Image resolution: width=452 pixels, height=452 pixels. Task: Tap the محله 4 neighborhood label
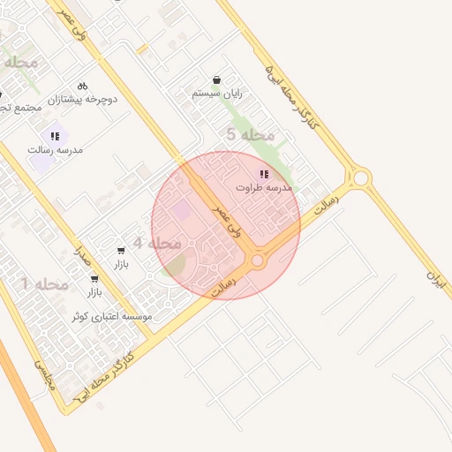[156, 243]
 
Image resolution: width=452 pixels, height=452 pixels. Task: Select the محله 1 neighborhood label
[44, 283]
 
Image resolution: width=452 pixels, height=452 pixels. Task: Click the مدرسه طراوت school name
[264, 188]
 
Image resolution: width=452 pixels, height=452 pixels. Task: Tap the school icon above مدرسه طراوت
[264, 174]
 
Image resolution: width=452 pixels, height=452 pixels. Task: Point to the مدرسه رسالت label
[55, 150]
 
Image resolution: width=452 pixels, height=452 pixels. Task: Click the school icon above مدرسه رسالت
[55, 136]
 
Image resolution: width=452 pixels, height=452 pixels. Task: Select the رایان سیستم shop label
[217, 93]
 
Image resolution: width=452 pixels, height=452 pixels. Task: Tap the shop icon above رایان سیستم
[217, 79]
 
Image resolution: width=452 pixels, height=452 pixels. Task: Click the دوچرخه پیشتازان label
[83, 100]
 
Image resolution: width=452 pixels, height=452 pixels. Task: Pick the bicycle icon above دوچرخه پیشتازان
[82, 87]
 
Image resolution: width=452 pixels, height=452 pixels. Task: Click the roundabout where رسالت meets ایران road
[361, 178]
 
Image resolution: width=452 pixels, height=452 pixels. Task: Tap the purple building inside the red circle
[180, 210]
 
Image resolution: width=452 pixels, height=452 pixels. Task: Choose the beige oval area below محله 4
[174, 264]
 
